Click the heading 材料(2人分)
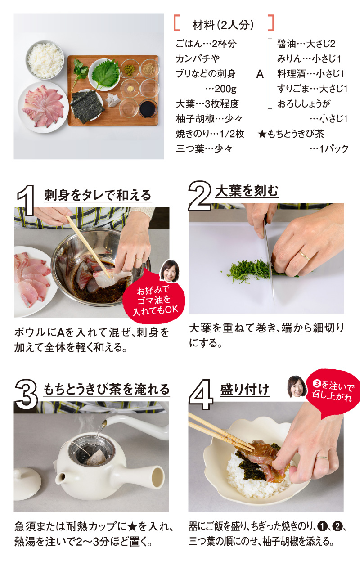coord(223,25)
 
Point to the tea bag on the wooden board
coord(112,100)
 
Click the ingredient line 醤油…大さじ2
coord(306,44)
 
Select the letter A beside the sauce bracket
coord(260,74)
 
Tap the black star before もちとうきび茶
coord(262,134)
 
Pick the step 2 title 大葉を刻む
coord(247,191)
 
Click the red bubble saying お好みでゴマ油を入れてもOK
coord(154,300)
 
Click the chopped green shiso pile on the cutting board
coord(248,270)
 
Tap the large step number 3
coord(26,394)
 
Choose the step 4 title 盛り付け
coord(245,390)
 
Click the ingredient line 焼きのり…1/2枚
coord(210,134)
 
